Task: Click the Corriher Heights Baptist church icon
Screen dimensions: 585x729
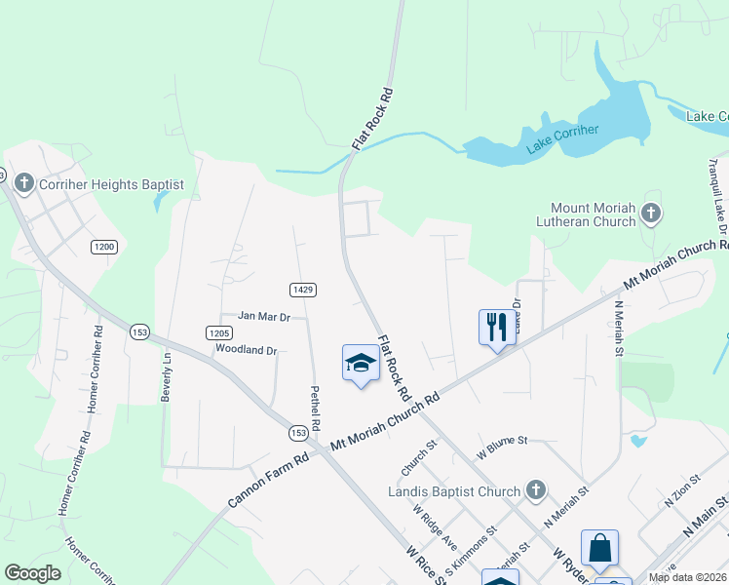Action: tap(23, 183)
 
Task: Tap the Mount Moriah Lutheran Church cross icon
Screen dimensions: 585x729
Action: tap(651, 213)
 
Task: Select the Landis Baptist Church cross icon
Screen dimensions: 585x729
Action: tap(534, 490)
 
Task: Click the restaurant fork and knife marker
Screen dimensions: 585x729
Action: tap(497, 327)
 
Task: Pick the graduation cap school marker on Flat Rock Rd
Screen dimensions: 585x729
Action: tap(361, 364)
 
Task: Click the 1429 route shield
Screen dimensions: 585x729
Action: tap(302, 290)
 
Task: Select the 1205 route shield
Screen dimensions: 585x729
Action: tap(218, 332)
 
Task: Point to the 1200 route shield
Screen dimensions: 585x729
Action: tap(104, 247)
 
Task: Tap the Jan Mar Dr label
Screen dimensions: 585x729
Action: tap(265, 317)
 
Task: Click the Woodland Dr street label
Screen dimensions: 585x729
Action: tap(247, 349)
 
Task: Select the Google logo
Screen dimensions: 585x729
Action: tap(33, 573)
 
